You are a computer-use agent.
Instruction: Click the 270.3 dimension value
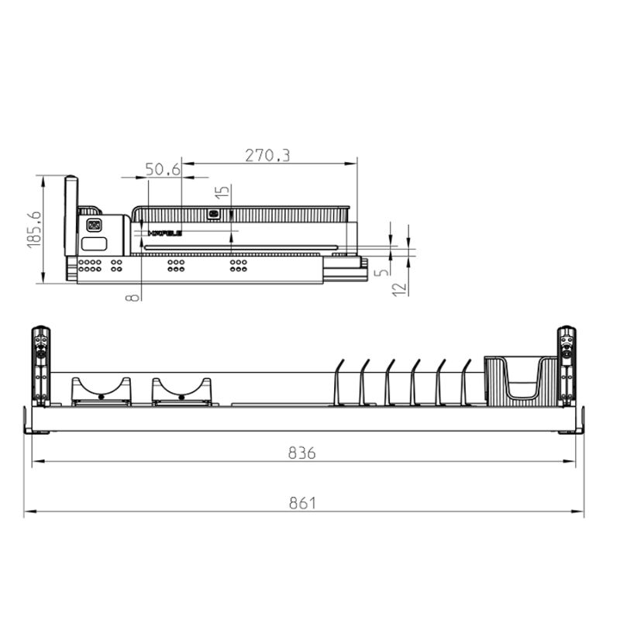[x=267, y=155]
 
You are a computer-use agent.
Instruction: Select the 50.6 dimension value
[x=163, y=169]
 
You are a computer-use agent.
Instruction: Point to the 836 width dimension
[x=302, y=453]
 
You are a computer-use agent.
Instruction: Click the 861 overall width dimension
[x=302, y=503]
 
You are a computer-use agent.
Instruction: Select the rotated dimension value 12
[x=399, y=290]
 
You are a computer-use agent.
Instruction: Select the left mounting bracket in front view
[x=40, y=366]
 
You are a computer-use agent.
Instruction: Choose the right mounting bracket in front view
[x=567, y=366]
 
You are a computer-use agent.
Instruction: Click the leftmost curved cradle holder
[x=101, y=391]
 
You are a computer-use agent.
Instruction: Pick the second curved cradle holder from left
[x=181, y=391]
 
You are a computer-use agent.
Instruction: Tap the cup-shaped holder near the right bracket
[x=521, y=380]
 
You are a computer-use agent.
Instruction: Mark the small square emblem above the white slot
[x=95, y=226]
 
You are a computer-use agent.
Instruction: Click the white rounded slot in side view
[x=95, y=243]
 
